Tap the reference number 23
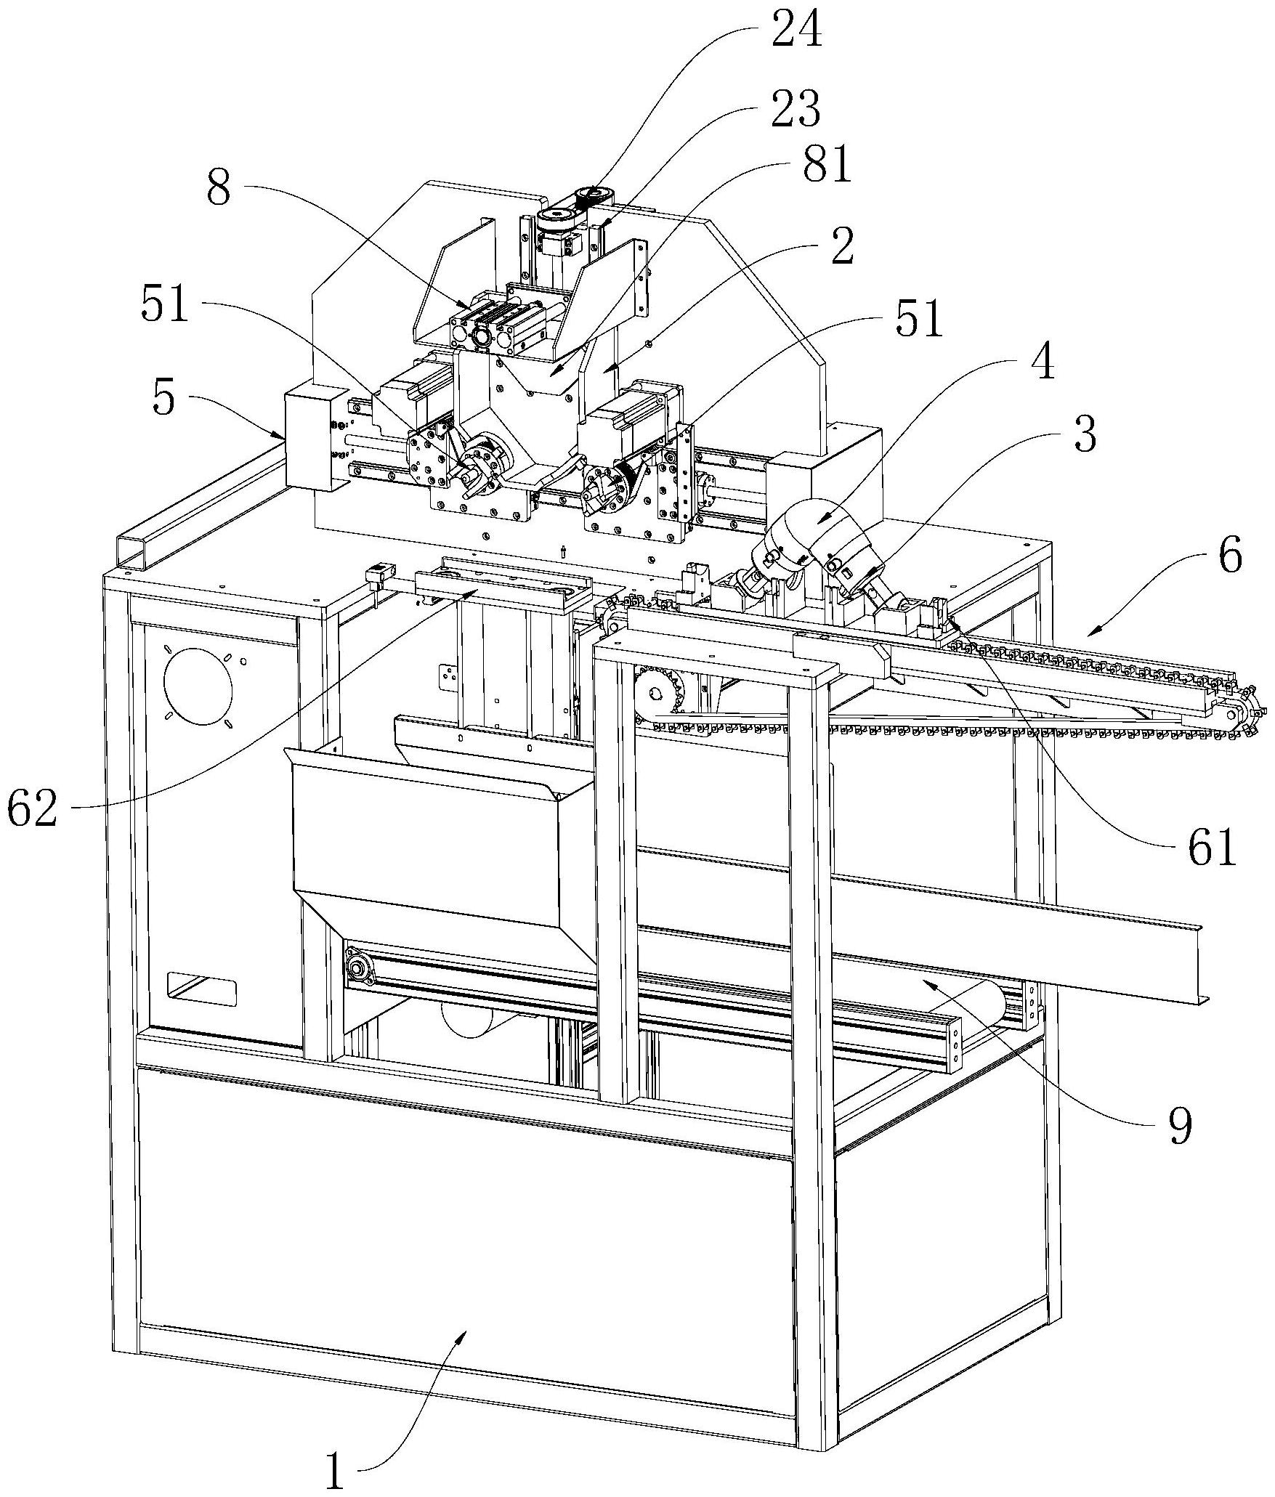click(x=796, y=109)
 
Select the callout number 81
click(x=825, y=166)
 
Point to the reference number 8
click(x=219, y=190)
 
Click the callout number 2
click(x=842, y=248)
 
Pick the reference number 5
click(x=164, y=398)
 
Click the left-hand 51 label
click(x=165, y=307)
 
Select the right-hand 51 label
click(x=919, y=320)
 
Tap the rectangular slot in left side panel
click(x=203, y=989)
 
